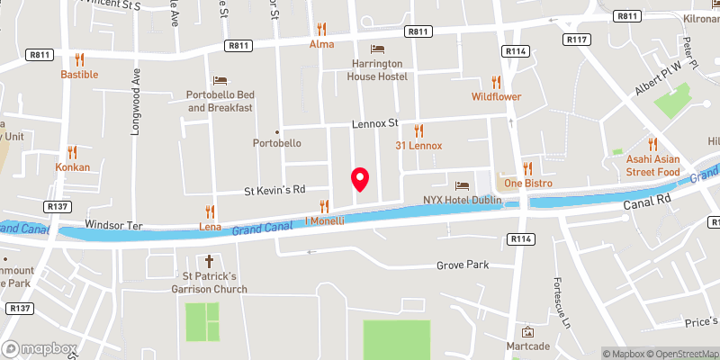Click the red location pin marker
pos(360,179)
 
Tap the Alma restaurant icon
pos(321,29)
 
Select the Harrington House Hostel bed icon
pos(377,49)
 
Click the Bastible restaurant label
pos(79,75)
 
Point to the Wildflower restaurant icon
pos(496,81)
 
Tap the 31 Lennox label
pos(418,145)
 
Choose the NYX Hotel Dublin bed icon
pos(464,184)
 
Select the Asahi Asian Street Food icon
pos(652,144)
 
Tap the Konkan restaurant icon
pos(73,153)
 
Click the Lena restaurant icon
pos(210,212)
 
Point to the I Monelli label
pos(325,220)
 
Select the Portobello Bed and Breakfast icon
pos(220,81)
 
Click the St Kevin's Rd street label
pos(275,190)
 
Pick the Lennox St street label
pos(373,122)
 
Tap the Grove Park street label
pos(462,265)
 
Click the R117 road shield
pos(577,40)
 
